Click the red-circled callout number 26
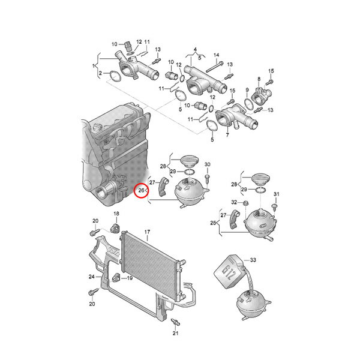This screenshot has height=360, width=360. [141, 190]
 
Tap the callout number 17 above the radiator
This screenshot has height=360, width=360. [147, 232]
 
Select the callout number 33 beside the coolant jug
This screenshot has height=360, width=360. [253, 260]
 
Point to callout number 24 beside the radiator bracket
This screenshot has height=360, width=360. [92, 277]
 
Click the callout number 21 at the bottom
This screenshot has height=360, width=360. [175, 333]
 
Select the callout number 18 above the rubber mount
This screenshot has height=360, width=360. [116, 214]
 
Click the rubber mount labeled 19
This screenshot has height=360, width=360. [116, 278]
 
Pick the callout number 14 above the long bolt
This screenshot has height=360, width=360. [216, 55]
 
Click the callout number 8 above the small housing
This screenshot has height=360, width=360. [259, 79]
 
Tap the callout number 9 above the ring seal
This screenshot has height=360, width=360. [247, 89]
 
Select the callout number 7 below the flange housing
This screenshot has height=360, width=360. [227, 135]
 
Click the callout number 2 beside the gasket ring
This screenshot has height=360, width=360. [100, 73]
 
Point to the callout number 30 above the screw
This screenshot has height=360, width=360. [208, 164]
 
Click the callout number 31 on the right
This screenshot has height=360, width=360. [277, 194]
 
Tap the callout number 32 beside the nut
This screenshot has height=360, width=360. [234, 202]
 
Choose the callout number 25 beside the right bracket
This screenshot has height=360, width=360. [213, 223]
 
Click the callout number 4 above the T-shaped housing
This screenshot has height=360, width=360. [196, 49]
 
